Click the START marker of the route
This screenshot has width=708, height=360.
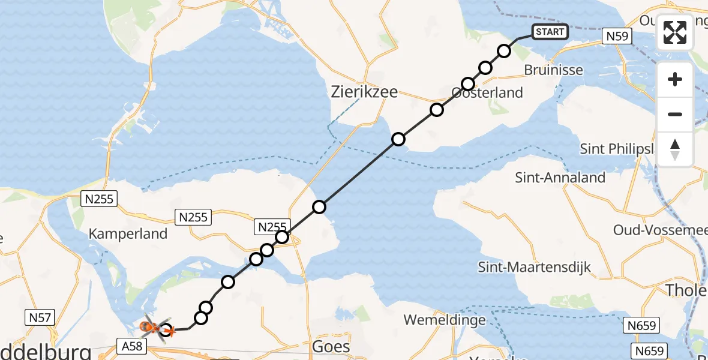(x=549, y=32)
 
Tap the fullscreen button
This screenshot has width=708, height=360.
(x=675, y=32)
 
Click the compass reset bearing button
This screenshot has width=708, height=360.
(x=675, y=149)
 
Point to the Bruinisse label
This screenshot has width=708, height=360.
(x=553, y=70)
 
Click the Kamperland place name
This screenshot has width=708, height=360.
(x=128, y=233)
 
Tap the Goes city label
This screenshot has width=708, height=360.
(x=331, y=347)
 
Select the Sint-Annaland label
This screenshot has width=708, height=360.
(x=560, y=177)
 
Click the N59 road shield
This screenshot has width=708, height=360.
(x=617, y=37)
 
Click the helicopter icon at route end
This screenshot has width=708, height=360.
(x=151, y=328)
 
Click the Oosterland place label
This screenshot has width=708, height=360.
(x=487, y=93)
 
